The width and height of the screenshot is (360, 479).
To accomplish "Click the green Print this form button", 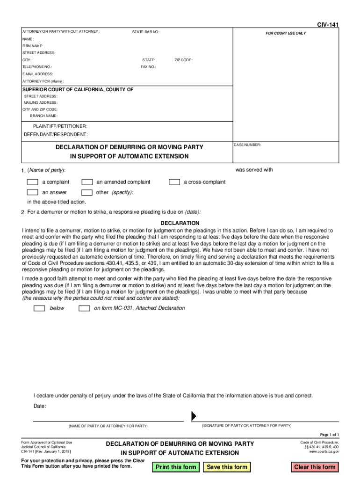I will click(176, 467).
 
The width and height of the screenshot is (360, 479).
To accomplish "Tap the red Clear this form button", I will click(315, 467).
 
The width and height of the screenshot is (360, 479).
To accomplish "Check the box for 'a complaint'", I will click(32, 182).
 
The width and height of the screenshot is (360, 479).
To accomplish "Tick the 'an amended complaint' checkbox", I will click(87, 182).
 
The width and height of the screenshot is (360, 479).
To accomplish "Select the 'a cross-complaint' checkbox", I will click(174, 182).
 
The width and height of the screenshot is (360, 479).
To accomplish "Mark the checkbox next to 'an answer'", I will click(32, 192).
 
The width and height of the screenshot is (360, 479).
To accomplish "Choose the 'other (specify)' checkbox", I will click(87, 192).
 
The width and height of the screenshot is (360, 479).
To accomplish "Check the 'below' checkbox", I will click(40, 308).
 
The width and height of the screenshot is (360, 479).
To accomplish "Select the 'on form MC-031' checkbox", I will click(84, 308).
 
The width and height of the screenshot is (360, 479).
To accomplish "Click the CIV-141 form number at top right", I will click(328, 24).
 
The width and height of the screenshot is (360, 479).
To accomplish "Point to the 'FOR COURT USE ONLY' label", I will click(286, 34).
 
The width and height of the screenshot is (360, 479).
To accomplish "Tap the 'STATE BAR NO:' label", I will click(146, 32).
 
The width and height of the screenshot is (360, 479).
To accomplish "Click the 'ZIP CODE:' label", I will click(183, 60).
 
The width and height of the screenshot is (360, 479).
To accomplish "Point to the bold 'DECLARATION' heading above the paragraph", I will click(180, 223).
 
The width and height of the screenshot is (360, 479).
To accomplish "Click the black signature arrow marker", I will click(194, 416).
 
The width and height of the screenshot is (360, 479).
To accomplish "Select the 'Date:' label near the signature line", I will click(40, 406).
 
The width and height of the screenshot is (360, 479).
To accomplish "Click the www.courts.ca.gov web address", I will click(324, 452).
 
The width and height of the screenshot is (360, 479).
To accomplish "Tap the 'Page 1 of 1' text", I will click(333, 435).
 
